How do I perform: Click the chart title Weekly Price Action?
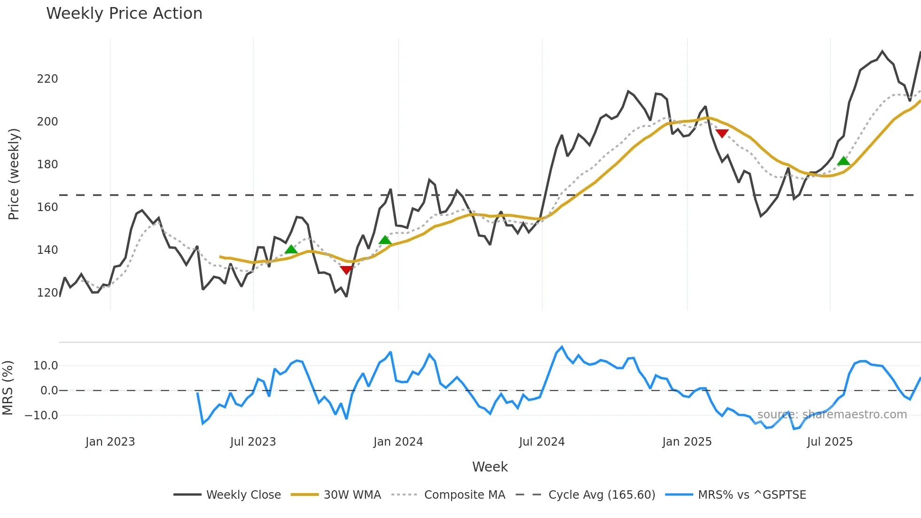[x=124, y=14]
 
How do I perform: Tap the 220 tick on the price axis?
[x=47, y=79]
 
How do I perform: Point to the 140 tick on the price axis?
[x=47, y=250]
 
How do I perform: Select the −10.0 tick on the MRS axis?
[x=41, y=416]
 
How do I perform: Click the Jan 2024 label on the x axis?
[x=398, y=442]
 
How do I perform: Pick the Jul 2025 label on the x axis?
[x=829, y=442]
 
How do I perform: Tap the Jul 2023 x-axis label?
[x=253, y=442]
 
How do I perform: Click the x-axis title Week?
[x=490, y=467]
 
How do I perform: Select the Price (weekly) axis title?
[x=14, y=174]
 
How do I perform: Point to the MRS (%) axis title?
[x=8, y=388]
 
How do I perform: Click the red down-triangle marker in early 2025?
[x=722, y=133]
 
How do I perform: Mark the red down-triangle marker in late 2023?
[x=346, y=270]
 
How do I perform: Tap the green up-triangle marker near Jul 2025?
[x=843, y=161]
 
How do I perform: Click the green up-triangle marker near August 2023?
[x=291, y=249]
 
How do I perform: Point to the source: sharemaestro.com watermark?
[x=832, y=415]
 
